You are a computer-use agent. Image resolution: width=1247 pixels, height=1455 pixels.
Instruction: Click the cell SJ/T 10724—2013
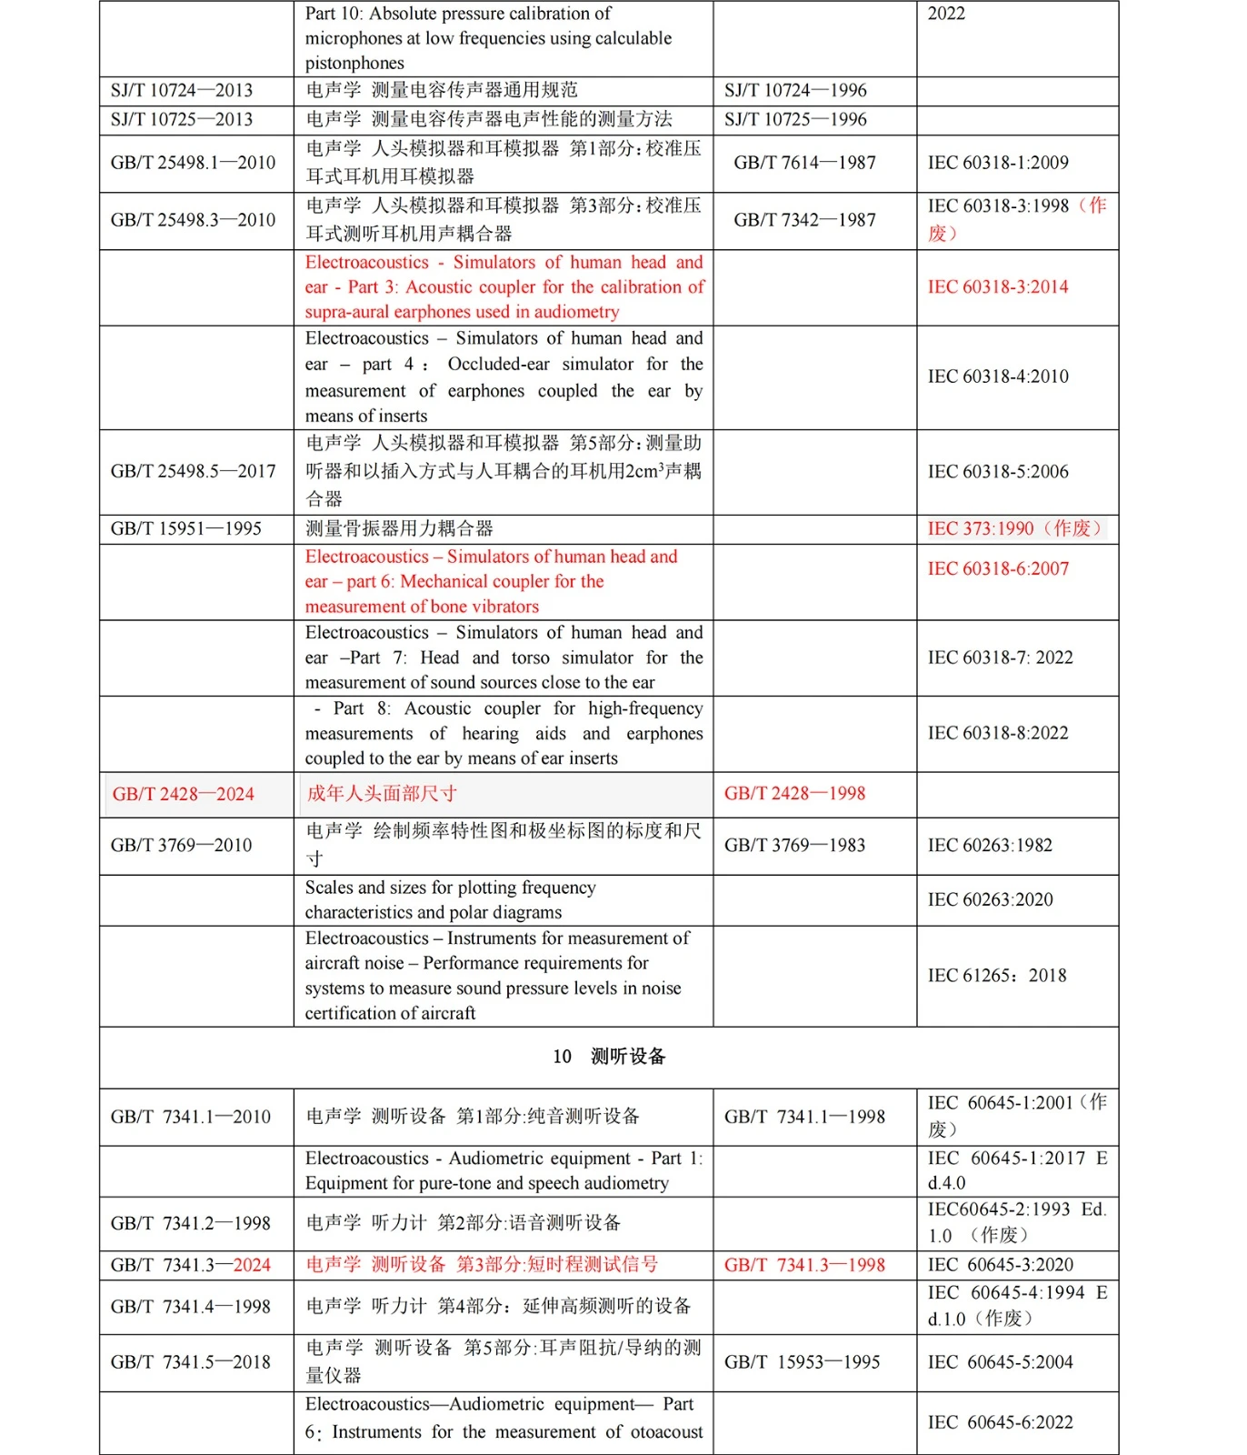tap(182, 90)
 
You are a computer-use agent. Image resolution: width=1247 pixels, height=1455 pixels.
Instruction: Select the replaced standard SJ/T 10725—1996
tap(795, 119)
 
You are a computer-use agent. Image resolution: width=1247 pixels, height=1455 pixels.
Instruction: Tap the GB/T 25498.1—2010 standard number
tap(193, 163)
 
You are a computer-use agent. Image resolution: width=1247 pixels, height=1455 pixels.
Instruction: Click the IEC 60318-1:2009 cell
tap(998, 163)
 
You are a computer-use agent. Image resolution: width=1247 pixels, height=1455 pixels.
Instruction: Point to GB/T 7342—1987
tap(804, 220)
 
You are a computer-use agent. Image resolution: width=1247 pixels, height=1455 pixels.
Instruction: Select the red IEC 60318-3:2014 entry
tap(998, 287)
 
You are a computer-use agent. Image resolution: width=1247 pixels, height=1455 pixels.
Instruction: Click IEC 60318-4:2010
tap(998, 376)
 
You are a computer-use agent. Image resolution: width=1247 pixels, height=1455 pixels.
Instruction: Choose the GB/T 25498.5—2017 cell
tap(193, 471)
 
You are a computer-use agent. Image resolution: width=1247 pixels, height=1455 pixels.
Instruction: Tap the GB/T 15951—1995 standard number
tap(186, 528)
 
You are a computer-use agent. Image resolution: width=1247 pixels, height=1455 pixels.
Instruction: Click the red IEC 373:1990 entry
tap(1014, 528)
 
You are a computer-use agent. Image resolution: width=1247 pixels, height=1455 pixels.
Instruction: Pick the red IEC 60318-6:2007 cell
tap(998, 569)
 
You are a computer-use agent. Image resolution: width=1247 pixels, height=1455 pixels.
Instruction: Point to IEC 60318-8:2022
tap(998, 733)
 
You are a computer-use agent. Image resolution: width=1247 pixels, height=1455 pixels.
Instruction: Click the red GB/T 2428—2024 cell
tap(184, 794)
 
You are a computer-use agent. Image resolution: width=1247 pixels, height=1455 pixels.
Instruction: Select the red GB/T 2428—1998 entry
tap(794, 793)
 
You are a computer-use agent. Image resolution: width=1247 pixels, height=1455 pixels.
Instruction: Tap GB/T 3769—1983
tap(794, 845)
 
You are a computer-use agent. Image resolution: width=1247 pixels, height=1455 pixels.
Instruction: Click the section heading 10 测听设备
tap(609, 1057)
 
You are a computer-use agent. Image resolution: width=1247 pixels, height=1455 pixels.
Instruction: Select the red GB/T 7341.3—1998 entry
tap(804, 1265)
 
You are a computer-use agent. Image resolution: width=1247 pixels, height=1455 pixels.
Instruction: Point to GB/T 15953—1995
tap(802, 1362)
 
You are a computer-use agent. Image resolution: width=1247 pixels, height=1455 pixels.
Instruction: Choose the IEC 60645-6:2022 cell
tap(1000, 1422)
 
